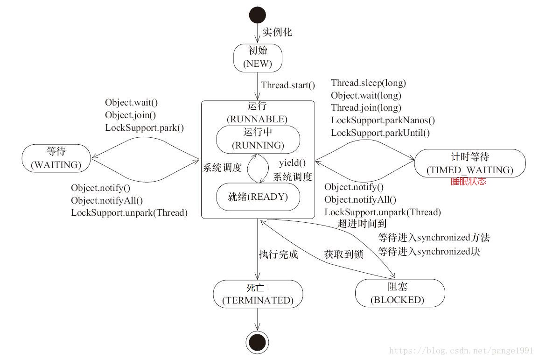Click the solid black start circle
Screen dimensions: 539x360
258,15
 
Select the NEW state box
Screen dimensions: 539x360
258,58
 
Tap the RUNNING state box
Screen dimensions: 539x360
258,139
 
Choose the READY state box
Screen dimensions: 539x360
258,197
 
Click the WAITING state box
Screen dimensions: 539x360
56,158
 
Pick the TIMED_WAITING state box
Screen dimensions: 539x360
470,163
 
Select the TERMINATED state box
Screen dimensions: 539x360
258,294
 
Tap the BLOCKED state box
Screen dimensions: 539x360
400,293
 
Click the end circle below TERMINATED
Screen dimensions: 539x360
258,342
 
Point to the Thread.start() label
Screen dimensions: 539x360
288,85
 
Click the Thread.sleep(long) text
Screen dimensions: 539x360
369,83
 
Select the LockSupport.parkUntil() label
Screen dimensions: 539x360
380,133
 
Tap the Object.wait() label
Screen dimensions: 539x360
131,102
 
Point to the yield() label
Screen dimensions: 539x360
292,162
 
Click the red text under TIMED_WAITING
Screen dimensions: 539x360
469,181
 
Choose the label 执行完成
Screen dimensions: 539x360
279,254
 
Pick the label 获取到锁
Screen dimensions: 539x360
344,254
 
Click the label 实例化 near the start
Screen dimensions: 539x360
277,32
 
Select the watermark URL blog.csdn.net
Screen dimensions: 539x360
461,351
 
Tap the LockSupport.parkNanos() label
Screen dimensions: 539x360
383,120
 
